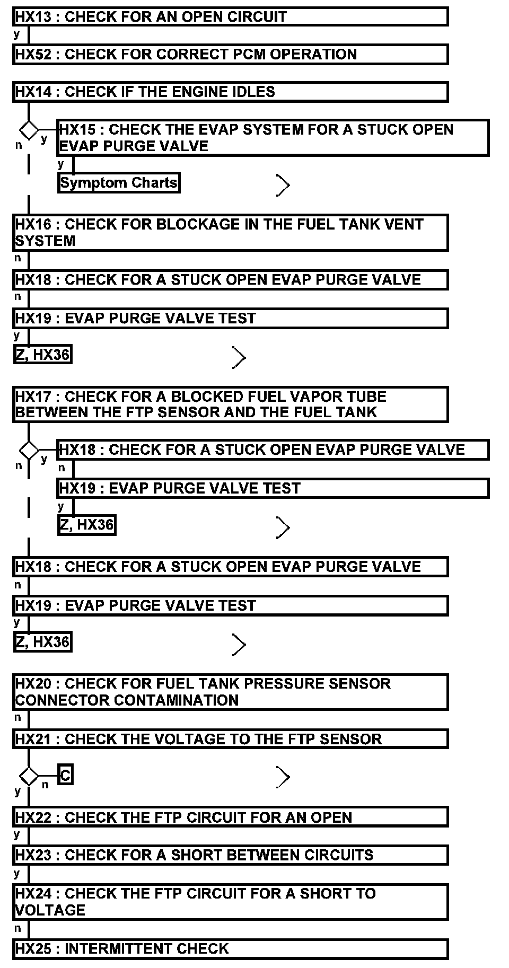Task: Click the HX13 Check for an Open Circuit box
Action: [231, 16]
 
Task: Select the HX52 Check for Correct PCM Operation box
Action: [231, 54]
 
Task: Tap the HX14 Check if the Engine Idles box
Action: [231, 92]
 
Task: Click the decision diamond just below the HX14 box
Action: [29, 130]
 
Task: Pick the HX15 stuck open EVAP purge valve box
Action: [273, 138]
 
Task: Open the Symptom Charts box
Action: [119, 183]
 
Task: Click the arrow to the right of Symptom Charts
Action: [283, 186]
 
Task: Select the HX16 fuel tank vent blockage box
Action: [231, 233]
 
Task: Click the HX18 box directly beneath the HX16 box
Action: [231, 279]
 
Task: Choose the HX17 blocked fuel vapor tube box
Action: [231, 404]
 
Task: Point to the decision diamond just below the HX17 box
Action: [29, 450]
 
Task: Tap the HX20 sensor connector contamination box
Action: [231, 692]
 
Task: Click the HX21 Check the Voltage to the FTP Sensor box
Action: [231, 739]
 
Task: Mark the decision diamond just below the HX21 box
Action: [29, 777]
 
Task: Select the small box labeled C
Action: [65, 776]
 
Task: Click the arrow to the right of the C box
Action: [283, 778]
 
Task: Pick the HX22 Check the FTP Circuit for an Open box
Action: [231, 817]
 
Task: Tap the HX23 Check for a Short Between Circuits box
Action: [231, 855]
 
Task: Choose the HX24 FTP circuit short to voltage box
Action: [231, 902]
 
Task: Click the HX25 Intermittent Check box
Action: [231, 948]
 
